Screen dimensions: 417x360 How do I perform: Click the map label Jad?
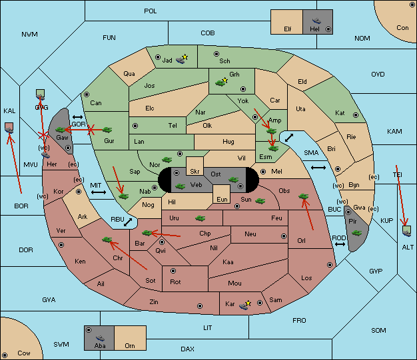pyautogui.click(x=167, y=61)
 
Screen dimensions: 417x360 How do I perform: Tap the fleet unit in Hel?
pyautogui.click(x=316, y=21)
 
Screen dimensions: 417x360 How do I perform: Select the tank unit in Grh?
pyautogui.click(x=220, y=83)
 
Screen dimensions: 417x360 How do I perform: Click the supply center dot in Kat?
pyautogui.click(x=356, y=115)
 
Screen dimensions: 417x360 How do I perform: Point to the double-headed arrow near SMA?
pyautogui.click(x=318, y=168)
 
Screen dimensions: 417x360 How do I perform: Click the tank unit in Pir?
pyautogui.click(x=356, y=233)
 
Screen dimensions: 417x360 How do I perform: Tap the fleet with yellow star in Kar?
pyautogui.click(x=244, y=306)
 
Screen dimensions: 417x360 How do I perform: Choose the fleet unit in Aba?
pyautogui.click(x=101, y=337)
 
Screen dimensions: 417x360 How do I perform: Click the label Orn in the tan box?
pyautogui.click(x=130, y=345)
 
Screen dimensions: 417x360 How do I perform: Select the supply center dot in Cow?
pyautogui.click(x=5, y=355)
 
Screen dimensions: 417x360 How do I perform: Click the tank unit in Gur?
pyautogui.click(x=107, y=130)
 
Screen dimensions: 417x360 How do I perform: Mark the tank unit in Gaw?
pyautogui.click(x=60, y=130)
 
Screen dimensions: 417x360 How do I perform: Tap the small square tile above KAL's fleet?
pyautogui.click(x=9, y=126)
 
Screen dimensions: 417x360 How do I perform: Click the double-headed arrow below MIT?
pyautogui.click(x=99, y=192)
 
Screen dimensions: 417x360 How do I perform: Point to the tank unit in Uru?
pyautogui.click(x=200, y=218)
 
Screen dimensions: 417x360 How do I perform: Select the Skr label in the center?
pyautogui.click(x=195, y=172)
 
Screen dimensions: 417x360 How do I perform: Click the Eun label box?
pyautogui.click(x=222, y=194)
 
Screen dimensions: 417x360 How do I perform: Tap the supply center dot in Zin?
pyautogui.click(x=200, y=306)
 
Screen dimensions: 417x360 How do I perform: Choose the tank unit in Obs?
pyautogui.click(x=304, y=196)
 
